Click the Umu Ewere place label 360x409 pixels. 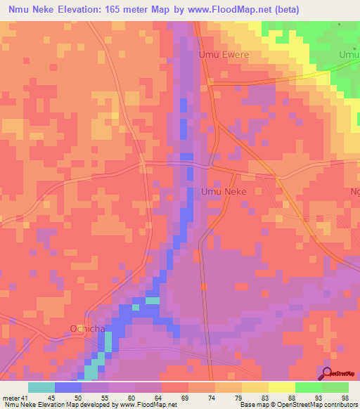[224, 54]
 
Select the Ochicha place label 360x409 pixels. [87, 327]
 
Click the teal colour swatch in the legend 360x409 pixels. [41, 387]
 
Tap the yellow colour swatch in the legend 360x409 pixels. [282, 387]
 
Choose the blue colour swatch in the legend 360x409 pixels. [68, 387]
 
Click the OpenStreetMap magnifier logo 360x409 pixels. [328, 373]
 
